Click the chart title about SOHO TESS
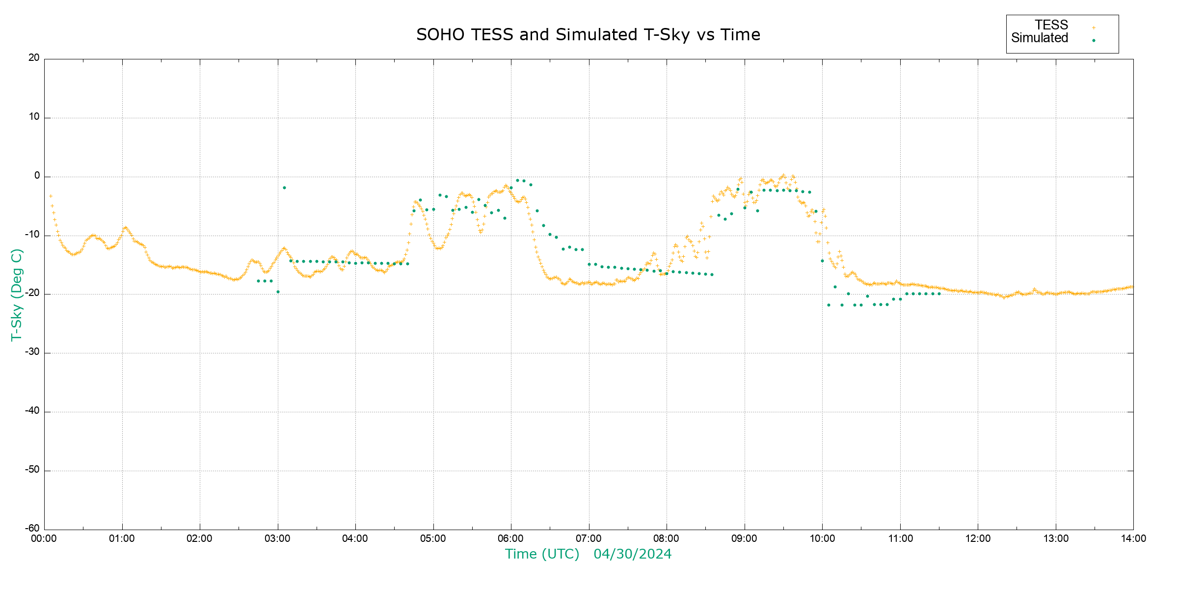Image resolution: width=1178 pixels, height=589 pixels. [x=588, y=35]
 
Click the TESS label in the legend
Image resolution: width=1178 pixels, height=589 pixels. [x=1051, y=25]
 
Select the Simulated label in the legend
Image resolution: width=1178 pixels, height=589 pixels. [x=1040, y=38]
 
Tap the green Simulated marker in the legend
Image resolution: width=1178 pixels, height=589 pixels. [x=1094, y=41]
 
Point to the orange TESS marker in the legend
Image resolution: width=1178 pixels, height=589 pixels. [x=1094, y=28]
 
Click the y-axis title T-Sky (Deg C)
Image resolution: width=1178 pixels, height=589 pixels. [x=17, y=295]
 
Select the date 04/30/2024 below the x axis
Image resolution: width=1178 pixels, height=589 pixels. [x=632, y=554]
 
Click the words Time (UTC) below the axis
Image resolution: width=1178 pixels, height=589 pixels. [x=542, y=554]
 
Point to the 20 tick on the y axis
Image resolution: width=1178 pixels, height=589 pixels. [x=34, y=58]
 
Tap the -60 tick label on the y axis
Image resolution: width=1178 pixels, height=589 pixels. [x=32, y=529]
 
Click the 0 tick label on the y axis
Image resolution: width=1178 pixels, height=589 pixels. [x=37, y=176]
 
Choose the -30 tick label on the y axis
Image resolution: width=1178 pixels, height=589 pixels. [x=32, y=352]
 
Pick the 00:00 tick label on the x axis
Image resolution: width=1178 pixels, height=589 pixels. [x=44, y=538]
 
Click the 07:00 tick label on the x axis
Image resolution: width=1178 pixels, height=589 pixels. [x=589, y=538]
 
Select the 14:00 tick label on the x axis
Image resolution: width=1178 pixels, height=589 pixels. [x=1133, y=538]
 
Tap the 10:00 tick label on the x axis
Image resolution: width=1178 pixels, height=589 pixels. [x=822, y=538]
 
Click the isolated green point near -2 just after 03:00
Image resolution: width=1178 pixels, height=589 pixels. [x=284, y=188]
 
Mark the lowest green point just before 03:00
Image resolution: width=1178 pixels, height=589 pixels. [x=278, y=292]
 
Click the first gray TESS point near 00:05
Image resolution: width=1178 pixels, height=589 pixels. [x=51, y=196]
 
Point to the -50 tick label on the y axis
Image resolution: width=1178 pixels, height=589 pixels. [x=32, y=470]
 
